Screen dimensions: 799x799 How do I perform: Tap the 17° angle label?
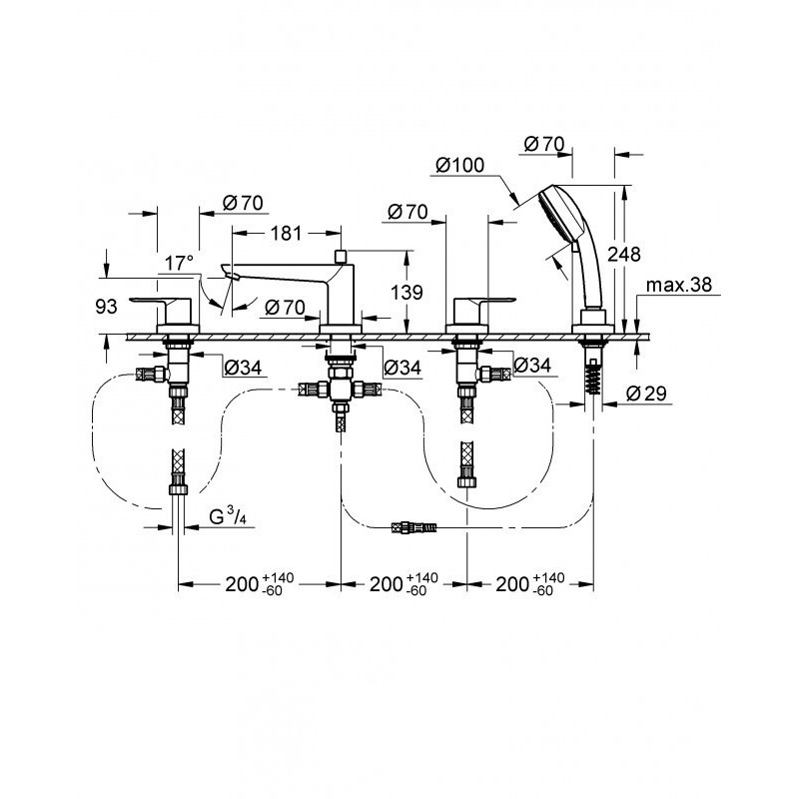(x=179, y=263)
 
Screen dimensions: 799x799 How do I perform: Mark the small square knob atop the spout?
(x=341, y=257)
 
